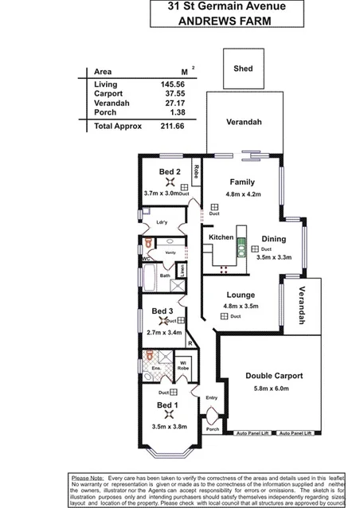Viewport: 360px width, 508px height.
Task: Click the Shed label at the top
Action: point(243,69)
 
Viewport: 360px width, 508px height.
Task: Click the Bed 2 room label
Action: point(170,172)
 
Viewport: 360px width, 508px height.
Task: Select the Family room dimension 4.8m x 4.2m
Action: point(242,193)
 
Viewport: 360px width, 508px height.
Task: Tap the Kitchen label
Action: point(221,237)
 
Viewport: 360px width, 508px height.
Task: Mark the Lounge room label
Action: point(240,294)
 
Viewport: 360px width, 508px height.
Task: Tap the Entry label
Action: point(211,397)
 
